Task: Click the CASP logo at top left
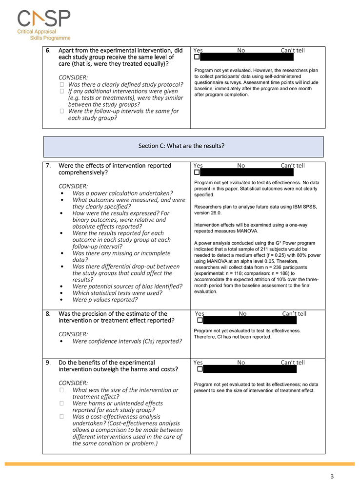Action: [x=44, y=24]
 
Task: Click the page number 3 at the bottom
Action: [x=332, y=476]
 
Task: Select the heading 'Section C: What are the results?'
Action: [x=183, y=146]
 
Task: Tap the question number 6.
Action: [x=48, y=51]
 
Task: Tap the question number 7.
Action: [x=48, y=166]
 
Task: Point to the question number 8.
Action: [x=48, y=314]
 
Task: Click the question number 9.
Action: [x=48, y=363]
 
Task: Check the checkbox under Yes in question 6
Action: [x=197, y=57]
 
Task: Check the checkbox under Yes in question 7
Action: [x=197, y=172]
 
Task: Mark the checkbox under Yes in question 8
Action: [x=200, y=320]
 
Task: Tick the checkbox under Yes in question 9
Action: [x=197, y=369]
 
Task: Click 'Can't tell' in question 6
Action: [x=293, y=50]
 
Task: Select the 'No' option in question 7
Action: [x=241, y=166]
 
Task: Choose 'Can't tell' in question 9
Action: [x=293, y=363]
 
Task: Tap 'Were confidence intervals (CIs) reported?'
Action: [x=127, y=341]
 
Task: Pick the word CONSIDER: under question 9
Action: [x=73, y=383]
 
